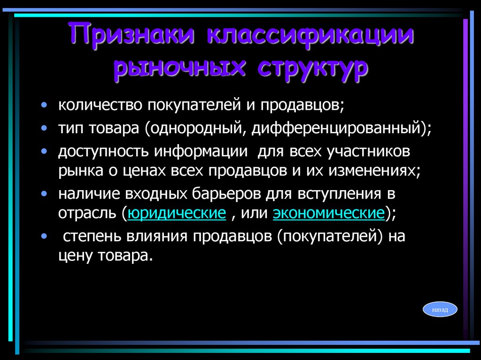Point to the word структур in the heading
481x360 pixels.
[x=313, y=68]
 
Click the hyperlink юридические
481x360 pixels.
[x=177, y=214]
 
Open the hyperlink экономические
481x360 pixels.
[x=329, y=214]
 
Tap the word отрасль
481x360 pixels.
[x=87, y=214]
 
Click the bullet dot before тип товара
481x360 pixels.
[x=44, y=128]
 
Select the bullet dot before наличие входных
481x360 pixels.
[x=44, y=193]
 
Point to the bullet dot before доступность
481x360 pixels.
[x=44, y=152]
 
